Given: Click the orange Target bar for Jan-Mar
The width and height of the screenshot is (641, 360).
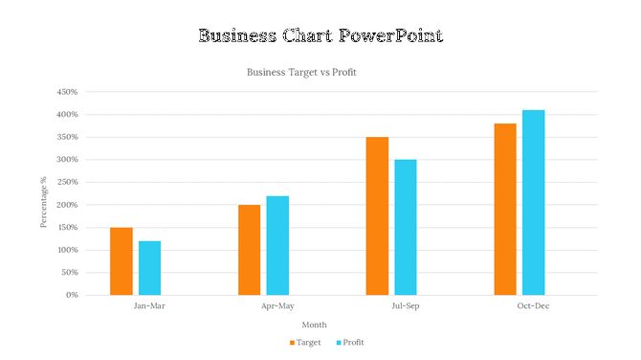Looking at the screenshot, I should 122,260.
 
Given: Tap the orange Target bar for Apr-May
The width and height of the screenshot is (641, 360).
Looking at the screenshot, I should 249,249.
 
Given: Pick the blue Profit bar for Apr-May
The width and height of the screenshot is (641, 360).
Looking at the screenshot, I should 277,245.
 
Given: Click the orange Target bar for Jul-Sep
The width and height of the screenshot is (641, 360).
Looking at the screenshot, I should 377,215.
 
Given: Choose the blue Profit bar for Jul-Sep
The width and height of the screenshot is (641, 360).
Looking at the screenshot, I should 406,227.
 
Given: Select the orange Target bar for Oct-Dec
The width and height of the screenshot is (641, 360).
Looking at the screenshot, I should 505,209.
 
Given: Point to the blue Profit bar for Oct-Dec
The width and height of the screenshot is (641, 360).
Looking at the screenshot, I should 533,202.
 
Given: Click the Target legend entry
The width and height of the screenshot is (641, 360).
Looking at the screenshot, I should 305,342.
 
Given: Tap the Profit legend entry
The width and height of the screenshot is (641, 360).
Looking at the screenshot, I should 350,342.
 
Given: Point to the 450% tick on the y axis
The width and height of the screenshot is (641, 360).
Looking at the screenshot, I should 66,92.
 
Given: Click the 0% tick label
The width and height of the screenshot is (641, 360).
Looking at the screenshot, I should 72,295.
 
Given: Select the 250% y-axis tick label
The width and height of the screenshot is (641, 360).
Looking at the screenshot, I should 66,182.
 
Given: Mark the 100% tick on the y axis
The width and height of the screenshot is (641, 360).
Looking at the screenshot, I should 66,250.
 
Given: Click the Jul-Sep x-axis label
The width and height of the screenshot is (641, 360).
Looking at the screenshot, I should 406,306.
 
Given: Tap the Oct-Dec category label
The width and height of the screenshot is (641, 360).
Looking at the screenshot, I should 533,306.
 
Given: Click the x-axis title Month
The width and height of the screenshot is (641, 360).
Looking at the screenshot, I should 315,325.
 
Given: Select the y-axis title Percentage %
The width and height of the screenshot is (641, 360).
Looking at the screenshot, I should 43,202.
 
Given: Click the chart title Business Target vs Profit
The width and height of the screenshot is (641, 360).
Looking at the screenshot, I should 301,72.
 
